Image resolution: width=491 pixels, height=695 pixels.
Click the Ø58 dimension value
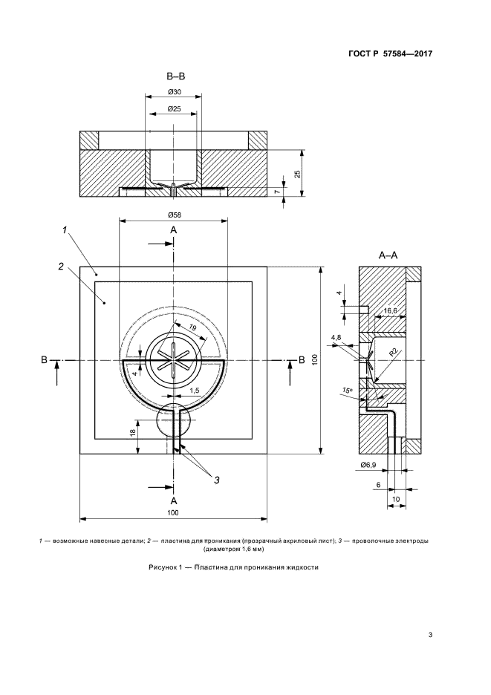pyautogui.click(x=173, y=215)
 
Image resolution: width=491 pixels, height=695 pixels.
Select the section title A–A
pyautogui.click(x=388, y=255)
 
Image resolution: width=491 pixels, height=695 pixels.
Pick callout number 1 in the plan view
pyautogui.click(x=65, y=232)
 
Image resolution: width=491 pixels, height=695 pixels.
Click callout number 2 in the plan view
pyautogui.click(x=59, y=266)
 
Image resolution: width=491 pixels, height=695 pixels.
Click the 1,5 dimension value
pyautogui.click(x=194, y=390)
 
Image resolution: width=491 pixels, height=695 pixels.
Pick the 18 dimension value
pyautogui.click(x=132, y=433)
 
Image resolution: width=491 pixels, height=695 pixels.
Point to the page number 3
pyautogui.click(x=431, y=633)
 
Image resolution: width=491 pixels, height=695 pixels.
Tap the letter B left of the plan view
pyautogui.click(x=45, y=360)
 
